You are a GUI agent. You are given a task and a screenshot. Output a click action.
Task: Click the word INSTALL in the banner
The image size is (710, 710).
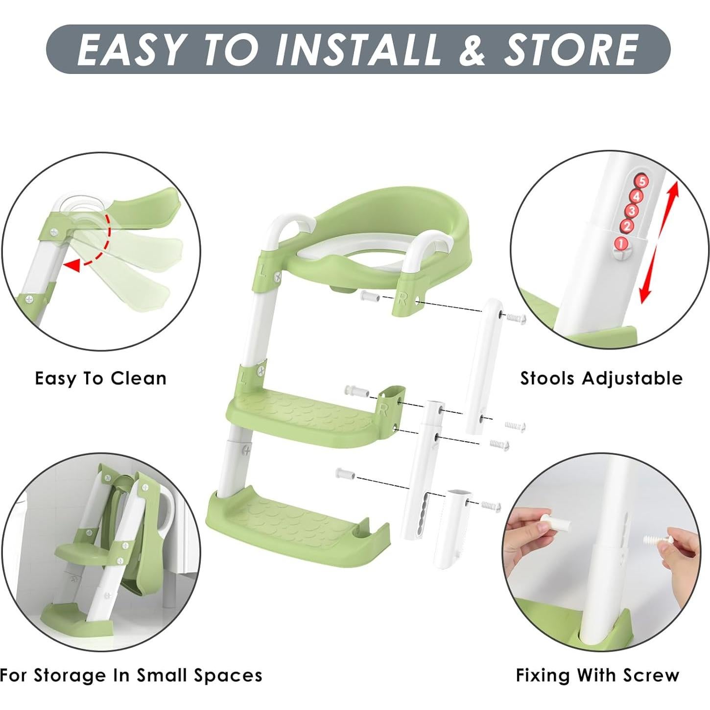pyautogui.click(x=357, y=49)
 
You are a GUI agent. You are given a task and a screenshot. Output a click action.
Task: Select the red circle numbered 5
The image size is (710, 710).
pyautogui.click(x=641, y=181)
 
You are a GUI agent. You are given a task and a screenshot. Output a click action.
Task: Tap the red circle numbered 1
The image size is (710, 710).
pyautogui.click(x=620, y=243)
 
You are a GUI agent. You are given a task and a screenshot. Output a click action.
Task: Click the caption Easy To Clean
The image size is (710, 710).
pyautogui.click(x=101, y=379)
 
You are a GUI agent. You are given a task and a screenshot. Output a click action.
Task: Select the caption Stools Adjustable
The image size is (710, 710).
pyautogui.click(x=601, y=379)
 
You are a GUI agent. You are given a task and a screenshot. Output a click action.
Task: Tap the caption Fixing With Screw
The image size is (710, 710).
pyautogui.click(x=597, y=675)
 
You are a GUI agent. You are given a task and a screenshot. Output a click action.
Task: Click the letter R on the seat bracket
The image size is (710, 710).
pyautogui.click(x=402, y=299)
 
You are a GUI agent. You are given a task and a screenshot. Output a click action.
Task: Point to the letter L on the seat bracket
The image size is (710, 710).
pyautogui.click(x=263, y=270)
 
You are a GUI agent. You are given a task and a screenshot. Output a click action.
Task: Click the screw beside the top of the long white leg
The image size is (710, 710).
pyautogui.click(x=516, y=318)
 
